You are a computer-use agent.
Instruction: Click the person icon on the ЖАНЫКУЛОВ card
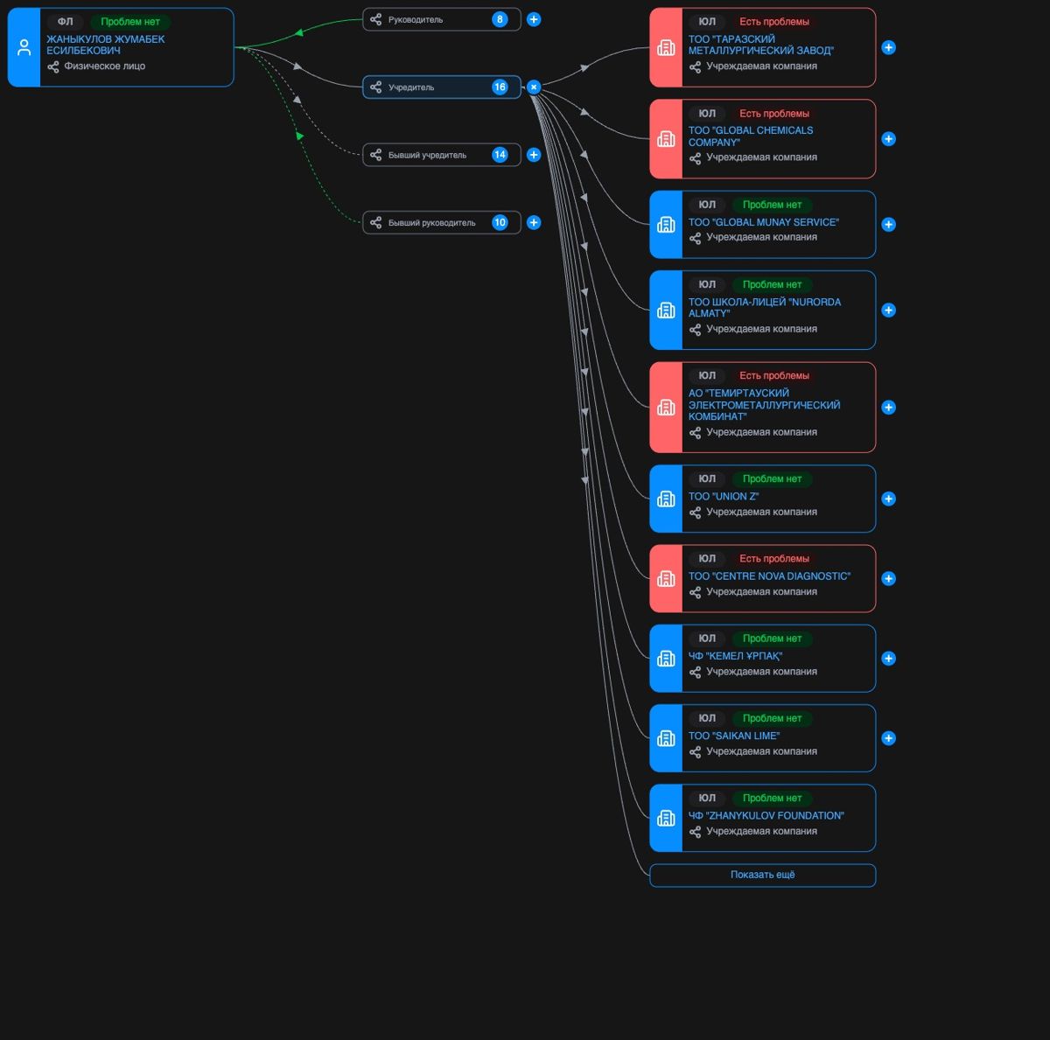[24, 47]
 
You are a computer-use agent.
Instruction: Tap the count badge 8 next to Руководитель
[500, 19]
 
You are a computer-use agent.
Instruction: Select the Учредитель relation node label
[411, 87]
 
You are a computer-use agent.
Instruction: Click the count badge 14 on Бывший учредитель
[500, 155]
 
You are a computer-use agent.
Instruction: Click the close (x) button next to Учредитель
[534, 87]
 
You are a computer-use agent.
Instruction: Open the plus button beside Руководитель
[534, 19]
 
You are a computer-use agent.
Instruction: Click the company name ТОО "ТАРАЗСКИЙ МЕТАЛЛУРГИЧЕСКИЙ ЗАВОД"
[760, 45]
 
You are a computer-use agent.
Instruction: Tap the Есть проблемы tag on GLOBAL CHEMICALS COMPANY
[773, 114]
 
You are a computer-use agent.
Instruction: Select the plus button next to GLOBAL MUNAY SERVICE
[889, 225]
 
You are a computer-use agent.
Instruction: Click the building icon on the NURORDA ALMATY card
[666, 310]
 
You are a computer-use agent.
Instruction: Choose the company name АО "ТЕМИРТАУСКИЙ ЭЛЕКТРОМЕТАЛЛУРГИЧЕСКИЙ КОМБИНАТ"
[764, 405]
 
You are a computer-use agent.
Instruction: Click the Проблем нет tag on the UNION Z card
[772, 478]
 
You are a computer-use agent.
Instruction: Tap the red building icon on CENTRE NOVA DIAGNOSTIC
[666, 578]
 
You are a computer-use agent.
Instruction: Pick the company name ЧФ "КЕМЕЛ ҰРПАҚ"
[735, 656]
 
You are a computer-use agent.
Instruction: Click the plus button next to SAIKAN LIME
[889, 738]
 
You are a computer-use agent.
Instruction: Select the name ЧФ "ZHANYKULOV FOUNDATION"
[766, 815]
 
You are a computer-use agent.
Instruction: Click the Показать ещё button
[762, 875]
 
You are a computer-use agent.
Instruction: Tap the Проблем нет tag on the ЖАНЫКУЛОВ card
[129, 22]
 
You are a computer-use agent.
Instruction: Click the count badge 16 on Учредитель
[500, 87]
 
